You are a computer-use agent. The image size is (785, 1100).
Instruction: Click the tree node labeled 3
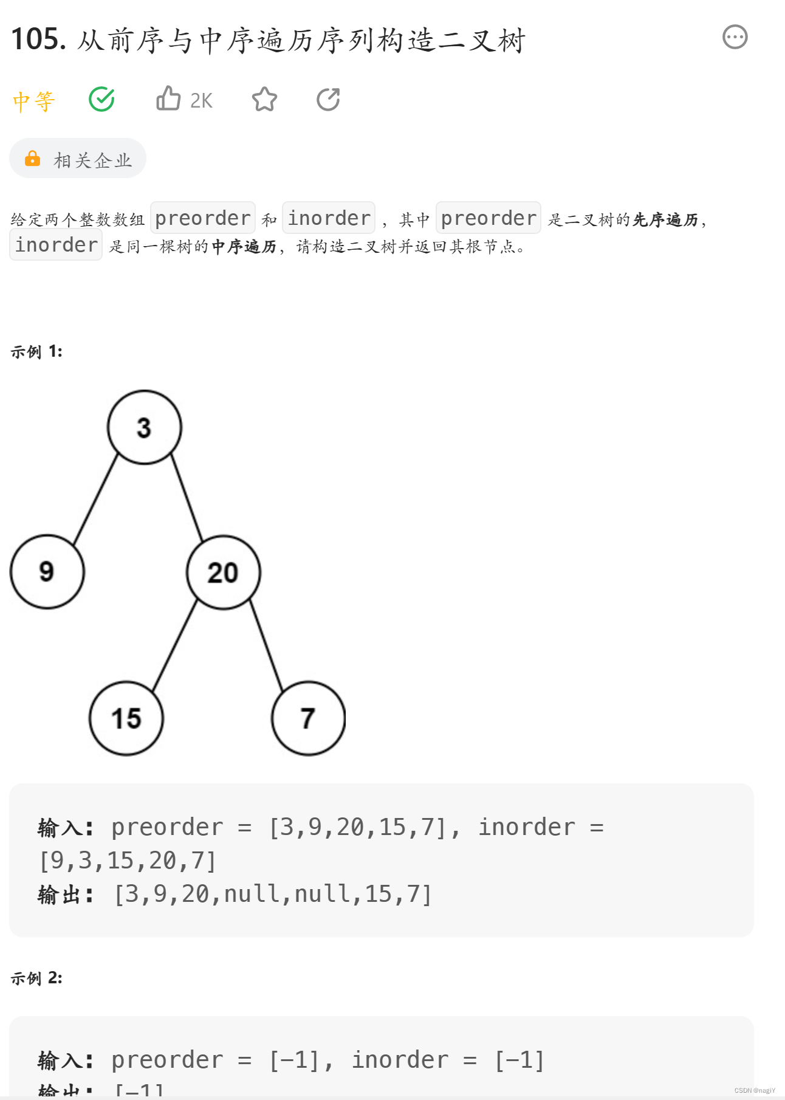(x=145, y=427)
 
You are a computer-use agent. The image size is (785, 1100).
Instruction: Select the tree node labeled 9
(x=47, y=572)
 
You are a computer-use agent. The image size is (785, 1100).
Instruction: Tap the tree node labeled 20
(x=224, y=572)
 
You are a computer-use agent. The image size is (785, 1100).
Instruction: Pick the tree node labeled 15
(x=126, y=718)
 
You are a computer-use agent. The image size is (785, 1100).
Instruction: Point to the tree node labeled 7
(x=309, y=718)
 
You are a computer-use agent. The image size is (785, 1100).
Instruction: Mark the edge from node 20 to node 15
(x=175, y=645)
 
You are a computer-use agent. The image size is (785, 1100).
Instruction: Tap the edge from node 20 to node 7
(x=266, y=645)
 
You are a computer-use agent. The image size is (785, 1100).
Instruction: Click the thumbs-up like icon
(x=168, y=98)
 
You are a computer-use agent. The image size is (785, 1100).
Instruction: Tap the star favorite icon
(x=264, y=99)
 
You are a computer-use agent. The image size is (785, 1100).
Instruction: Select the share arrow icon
(x=328, y=99)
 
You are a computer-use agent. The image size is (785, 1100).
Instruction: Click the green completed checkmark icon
(x=101, y=99)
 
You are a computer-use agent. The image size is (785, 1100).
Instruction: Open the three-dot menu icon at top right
(x=735, y=37)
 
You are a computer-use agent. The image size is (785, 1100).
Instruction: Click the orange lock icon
(x=32, y=159)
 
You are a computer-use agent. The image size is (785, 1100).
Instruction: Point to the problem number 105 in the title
(x=38, y=40)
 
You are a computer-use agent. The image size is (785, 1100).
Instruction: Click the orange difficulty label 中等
(x=34, y=101)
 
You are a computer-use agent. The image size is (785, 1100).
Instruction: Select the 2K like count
(x=201, y=101)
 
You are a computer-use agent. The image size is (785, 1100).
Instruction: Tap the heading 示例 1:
(x=36, y=352)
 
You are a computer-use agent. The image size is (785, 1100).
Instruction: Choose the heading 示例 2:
(x=36, y=978)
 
